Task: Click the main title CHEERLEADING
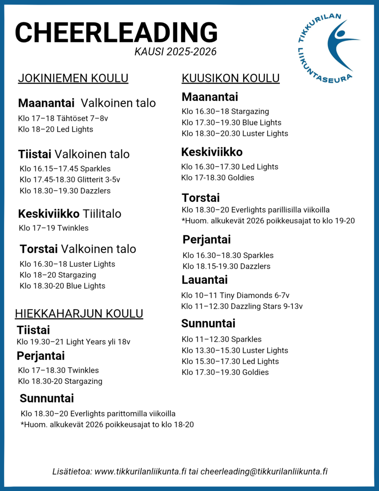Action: (x=116, y=32)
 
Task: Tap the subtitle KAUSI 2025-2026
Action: (x=175, y=52)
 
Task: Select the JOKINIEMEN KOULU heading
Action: (x=73, y=78)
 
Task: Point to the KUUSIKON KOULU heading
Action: (x=230, y=78)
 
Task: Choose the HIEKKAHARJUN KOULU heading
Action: (x=79, y=314)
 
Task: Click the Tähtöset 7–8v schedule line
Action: (x=63, y=118)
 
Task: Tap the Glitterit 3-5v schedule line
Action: (x=70, y=180)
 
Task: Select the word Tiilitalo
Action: (x=102, y=214)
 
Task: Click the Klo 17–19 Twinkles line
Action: (x=53, y=228)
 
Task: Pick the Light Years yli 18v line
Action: (x=74, y=342)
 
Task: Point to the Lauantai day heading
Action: (x=205, y=280)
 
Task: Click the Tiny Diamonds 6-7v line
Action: (x=235, y=295)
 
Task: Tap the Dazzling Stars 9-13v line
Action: (x=242, y=306)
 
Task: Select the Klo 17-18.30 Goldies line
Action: (x=218, y=177)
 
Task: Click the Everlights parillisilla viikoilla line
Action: (x=255, y=210)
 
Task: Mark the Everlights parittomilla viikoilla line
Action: (x=98, y=413)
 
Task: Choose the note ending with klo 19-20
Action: (x=268, y=221)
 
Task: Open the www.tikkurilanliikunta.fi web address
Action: (x=140, y=472)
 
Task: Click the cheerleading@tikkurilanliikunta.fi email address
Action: (x=264, y=472)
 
